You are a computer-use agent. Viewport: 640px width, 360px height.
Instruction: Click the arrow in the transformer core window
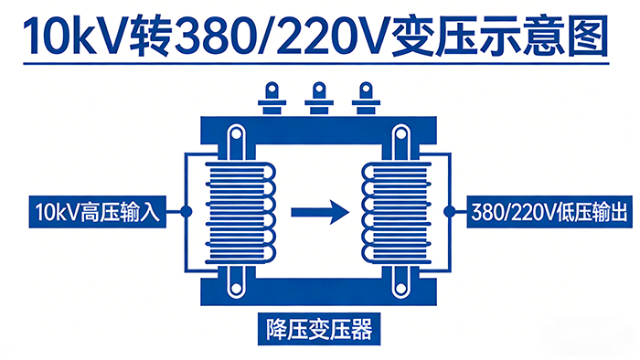[320, 212]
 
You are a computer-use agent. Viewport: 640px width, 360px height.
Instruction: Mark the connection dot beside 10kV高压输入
[187, 212]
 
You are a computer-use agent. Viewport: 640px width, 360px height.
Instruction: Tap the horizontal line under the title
[319, 65]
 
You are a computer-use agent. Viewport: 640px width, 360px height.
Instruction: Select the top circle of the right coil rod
[400, 139]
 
